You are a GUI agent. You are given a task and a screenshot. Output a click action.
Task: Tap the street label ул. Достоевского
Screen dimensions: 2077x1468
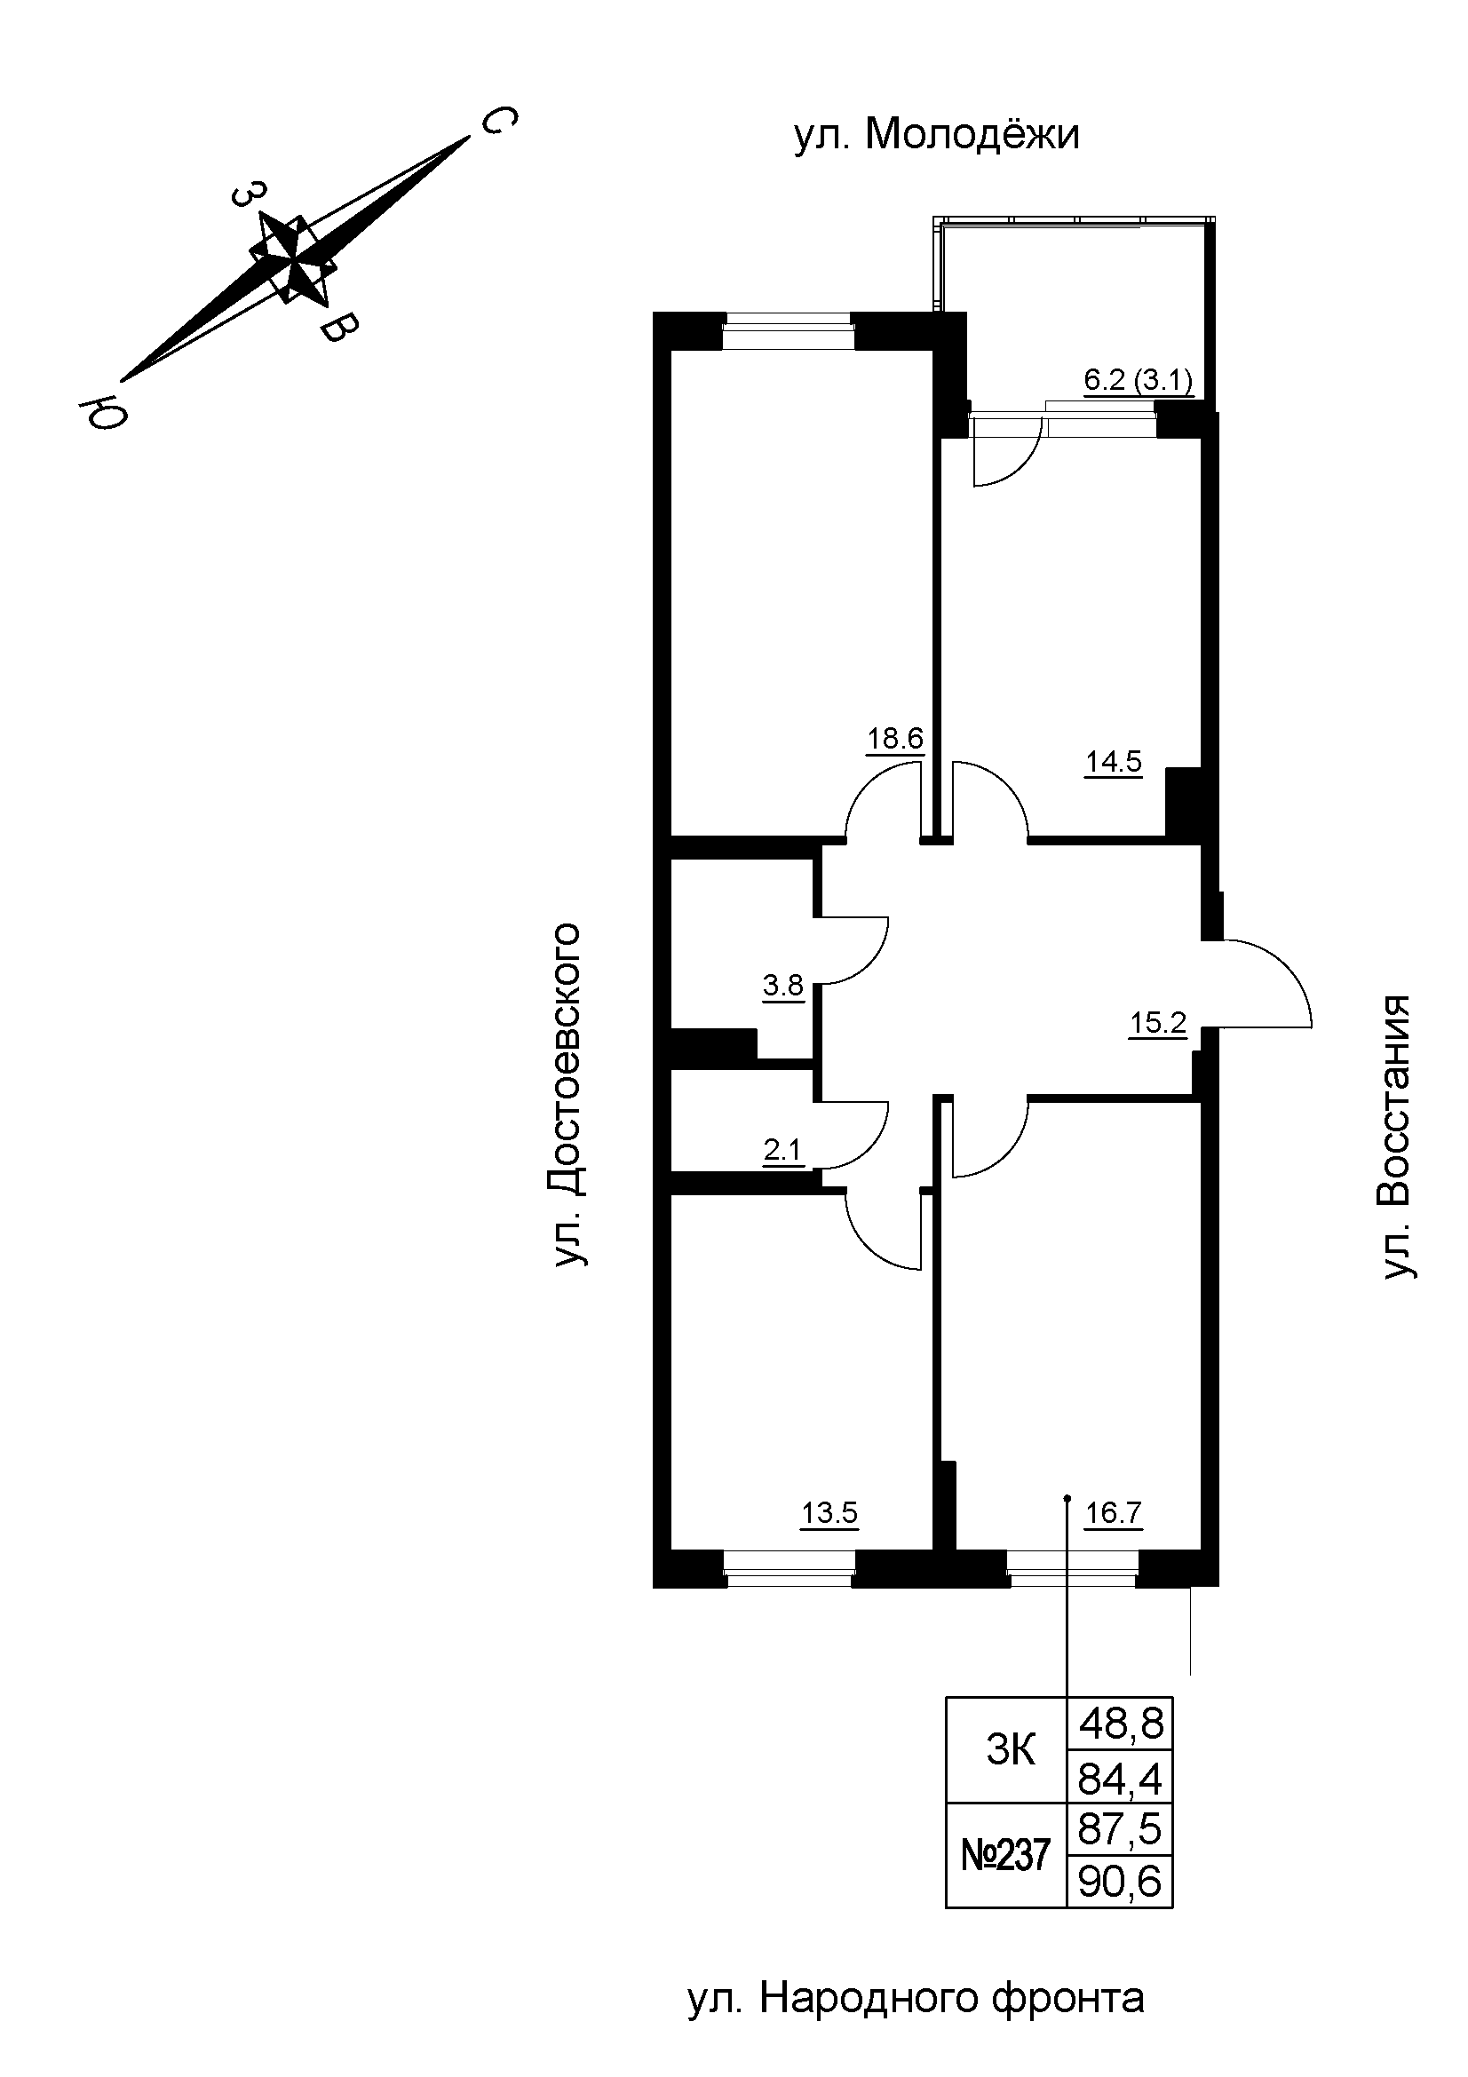coord(567,1095)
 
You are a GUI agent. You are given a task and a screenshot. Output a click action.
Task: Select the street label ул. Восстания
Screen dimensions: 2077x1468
coord(1398,1138)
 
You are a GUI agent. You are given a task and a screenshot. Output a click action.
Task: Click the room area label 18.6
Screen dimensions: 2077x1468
coord(894,739)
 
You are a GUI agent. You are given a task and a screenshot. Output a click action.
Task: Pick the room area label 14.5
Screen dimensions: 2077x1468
coord(1114,763)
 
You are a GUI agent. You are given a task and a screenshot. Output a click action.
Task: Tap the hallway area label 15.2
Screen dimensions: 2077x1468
coord(1157,1023)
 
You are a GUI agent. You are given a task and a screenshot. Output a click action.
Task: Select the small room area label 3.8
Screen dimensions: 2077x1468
coord(782,984)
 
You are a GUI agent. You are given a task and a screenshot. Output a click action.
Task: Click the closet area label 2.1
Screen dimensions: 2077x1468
coord(782,1151)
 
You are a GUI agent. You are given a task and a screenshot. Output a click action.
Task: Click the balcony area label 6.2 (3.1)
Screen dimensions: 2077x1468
coord(1138,381)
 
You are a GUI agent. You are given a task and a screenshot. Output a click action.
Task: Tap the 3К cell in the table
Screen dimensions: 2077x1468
coord(1010,1751)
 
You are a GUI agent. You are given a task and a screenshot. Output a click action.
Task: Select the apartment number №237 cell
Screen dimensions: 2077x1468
coord(1006,1855)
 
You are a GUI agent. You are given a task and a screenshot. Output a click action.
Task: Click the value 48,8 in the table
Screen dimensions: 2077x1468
coord(1120,1724)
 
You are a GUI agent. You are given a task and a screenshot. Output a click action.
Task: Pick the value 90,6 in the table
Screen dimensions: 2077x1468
coord(1120,1883)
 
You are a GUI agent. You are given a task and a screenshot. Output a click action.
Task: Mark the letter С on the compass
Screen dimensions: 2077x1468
coord(498,119)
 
